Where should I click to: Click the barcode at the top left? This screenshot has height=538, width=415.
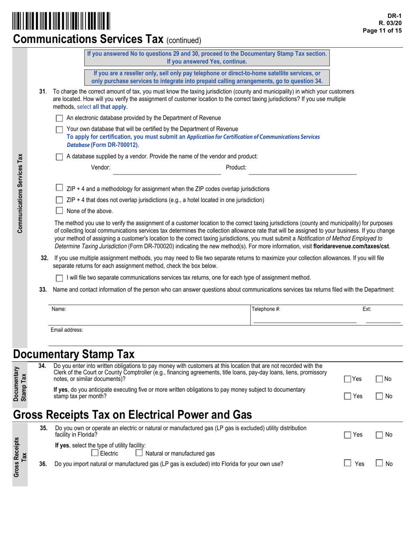(x=61, y=21)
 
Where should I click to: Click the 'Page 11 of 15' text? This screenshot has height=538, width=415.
(x=382, y=31)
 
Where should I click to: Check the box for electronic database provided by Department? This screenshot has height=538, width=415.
(x=59, y=118)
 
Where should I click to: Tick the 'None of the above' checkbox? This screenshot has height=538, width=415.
(x=59, y=211)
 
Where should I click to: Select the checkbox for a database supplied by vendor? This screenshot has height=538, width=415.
(x=59, y=157)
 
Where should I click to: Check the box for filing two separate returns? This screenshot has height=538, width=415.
(x=59, y=278)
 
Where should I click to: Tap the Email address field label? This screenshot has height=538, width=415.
(x=67, y=330)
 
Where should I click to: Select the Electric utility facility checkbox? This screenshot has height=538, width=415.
(x=95, y=453)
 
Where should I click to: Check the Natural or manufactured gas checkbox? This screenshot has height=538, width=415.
(x=139, y=453)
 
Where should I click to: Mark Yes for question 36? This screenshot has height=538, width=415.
(x=348, y=463)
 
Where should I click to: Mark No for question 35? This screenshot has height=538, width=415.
(x=380, y=434)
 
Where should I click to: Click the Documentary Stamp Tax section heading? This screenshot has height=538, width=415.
(x=74, y=354)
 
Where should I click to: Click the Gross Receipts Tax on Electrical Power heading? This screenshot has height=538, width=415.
(x=133, y=414)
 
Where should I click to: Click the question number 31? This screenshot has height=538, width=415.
(x=43, y=91)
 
